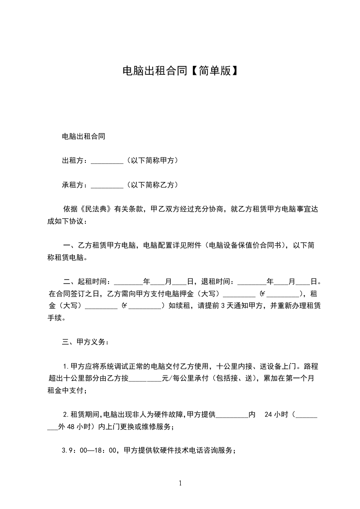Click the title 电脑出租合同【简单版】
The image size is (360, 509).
tap(180, 71)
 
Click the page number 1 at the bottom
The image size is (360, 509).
tap(180, 483)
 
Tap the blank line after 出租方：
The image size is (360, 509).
tap(107, 161)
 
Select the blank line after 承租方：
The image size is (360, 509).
tap(107, 185)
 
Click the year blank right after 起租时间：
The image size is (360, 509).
tap(129, 282)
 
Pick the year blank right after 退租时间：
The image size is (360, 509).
tap(252, 282)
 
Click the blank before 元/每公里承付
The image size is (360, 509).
tap(145, 378)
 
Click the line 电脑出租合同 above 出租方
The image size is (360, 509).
tap(84, 137)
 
